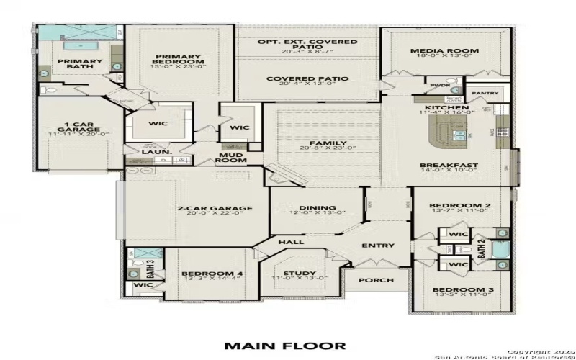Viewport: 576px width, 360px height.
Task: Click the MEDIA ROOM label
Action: (444, 51)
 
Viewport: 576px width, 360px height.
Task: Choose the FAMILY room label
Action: (327, 143)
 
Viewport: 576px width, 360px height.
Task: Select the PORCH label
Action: (376, 280)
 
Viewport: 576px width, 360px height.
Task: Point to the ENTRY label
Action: (378, 246)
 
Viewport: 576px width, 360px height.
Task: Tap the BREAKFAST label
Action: (449, 165)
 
